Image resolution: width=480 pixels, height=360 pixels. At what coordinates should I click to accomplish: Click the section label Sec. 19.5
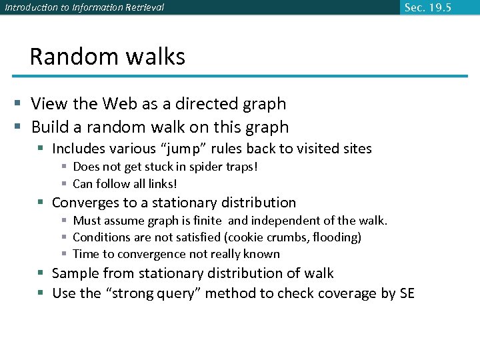tap(427, 7)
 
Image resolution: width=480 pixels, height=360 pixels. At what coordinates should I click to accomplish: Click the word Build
tap(49, 127)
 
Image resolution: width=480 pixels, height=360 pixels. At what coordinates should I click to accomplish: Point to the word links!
tap(161, 183)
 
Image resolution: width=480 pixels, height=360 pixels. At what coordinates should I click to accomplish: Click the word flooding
tap(337, 237)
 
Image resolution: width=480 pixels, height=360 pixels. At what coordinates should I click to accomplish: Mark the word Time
tap(85, 254)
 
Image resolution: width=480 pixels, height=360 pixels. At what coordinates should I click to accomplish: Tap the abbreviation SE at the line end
tap(406, 294)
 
